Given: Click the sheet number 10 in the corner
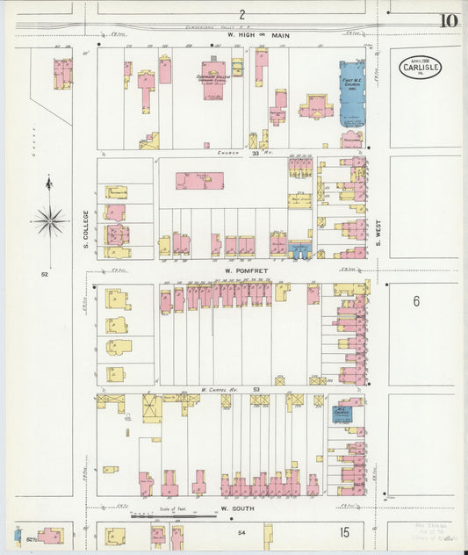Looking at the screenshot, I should click(449, 20).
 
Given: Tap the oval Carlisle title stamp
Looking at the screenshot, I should click(421, 67).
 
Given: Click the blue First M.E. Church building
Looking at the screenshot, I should click(352, 93).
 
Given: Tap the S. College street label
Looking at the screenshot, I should click(86, 228).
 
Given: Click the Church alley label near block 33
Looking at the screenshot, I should click(228, 152).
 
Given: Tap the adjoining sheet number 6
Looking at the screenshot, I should click(417, 300).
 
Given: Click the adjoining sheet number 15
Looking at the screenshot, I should click(345, 532).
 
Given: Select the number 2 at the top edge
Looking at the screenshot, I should click(241, 14).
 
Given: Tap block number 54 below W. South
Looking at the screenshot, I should click(241, 532).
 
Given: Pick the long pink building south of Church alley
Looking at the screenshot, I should click(199, 180).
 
